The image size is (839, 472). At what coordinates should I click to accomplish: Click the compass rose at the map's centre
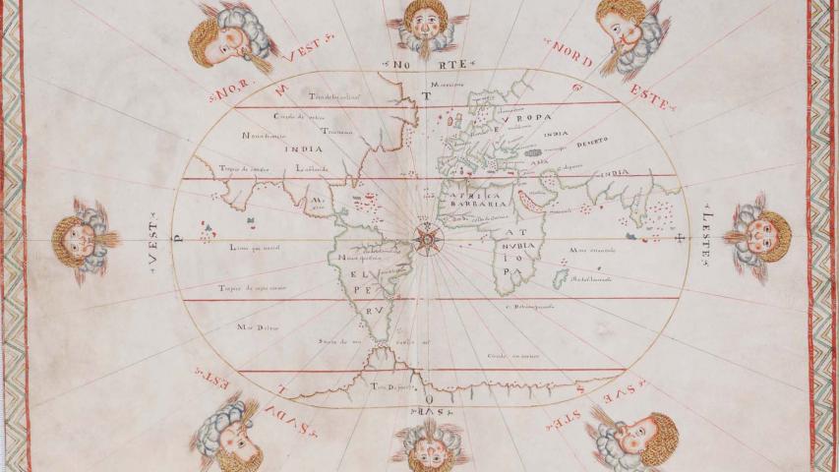[x=425, y=236]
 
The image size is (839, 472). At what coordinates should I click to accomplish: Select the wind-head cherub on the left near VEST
[x=84, y=238]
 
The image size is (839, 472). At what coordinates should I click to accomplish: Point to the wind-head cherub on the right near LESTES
[x=759, y=237]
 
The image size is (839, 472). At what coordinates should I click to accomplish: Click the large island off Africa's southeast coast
[x=560, y=280]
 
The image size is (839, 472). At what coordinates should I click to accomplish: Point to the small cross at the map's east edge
[x=679, y=236]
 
